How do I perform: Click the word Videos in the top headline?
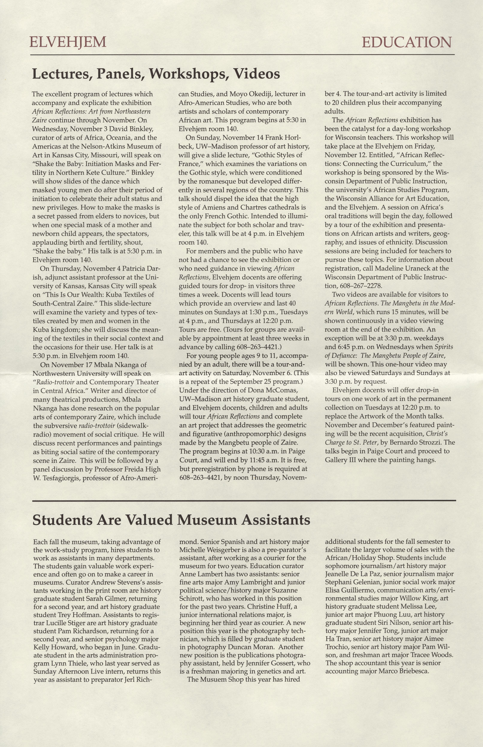[257, 74]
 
